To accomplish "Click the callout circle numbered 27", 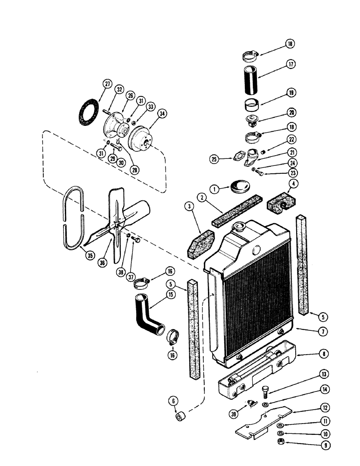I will (x=107, y=84).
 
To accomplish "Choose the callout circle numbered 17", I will (x=291, y=64).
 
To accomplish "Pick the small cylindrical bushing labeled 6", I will (x=181, y=415).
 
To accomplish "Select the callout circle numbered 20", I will (x=291, y=112).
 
